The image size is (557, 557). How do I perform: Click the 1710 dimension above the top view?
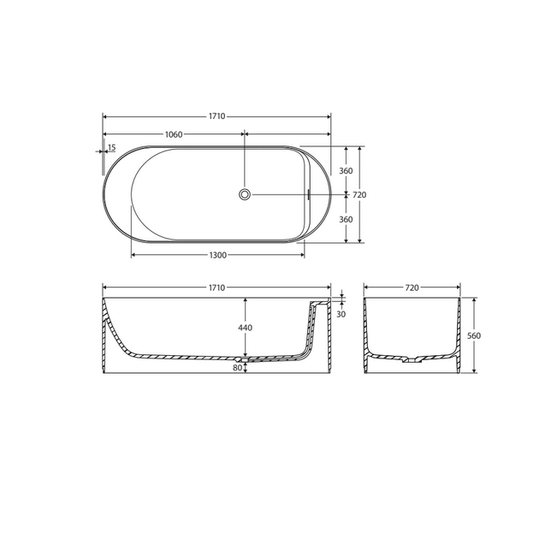pos(216,116)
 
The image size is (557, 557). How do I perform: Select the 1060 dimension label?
pos(174,134)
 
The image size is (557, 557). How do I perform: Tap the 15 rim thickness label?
pos(111,147)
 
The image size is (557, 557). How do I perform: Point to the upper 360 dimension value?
pos(346,170)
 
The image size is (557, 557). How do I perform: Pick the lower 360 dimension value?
pos(346,219)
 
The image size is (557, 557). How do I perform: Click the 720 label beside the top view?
pos(360,195)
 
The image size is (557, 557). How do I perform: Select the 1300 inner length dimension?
pos(217,256)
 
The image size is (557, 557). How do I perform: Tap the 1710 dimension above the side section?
pos(216,287)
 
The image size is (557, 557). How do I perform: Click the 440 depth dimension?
pos(246,329)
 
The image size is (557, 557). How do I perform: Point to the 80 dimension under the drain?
pos(237,369)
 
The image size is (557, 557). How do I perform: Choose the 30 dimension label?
pos(341,314)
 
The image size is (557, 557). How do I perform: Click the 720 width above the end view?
pos(412,287)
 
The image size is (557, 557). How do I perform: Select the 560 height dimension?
pos(473,335)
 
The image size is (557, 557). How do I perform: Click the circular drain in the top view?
pos(246,195)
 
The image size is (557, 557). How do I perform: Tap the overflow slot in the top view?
pos(307,194)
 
